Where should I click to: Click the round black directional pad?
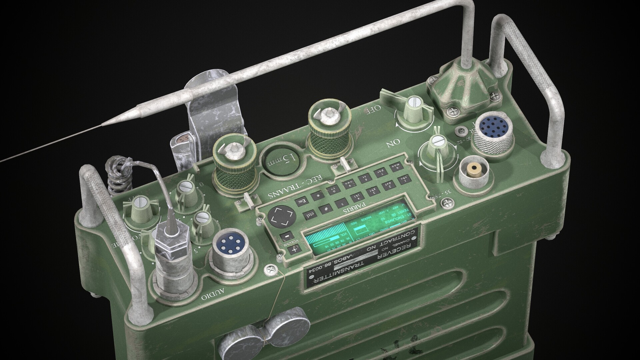[281, 217]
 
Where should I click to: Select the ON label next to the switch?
[393, 143]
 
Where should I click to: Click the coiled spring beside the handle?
[117, 178]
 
